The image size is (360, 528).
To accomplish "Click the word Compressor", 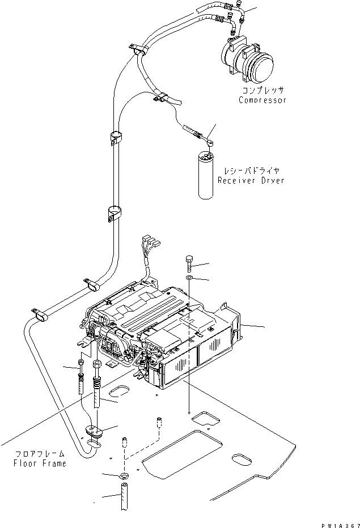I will [x=262, y=100].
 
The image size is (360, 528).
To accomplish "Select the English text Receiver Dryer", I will [x=251, y=181].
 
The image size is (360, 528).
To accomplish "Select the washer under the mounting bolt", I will [x=189, y=278].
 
